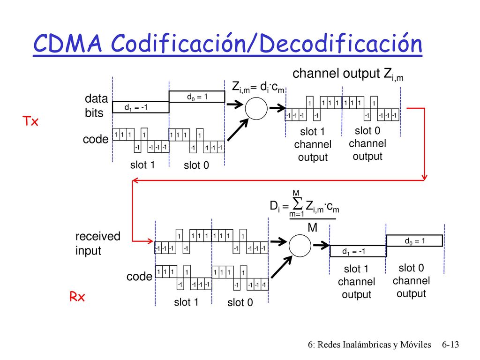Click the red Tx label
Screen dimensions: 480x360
point(30,121)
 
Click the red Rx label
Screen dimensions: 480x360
point(77,297)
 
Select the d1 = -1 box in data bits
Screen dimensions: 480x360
point(141,107)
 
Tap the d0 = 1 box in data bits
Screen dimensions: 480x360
point(197,97)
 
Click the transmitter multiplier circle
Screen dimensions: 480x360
point(256,108)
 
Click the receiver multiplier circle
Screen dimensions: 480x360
point(300,246)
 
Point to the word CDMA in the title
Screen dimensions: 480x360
point(67,43)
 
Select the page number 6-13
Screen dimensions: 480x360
point(450,345)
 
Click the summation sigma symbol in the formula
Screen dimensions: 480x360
point(297,203)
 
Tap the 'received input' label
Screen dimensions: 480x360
point(97,243)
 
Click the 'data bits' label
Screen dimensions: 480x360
point(96,105)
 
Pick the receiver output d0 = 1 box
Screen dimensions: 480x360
point(414,240)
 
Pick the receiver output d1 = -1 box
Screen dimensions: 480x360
point(358,251)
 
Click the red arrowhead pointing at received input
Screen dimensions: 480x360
point(150,241)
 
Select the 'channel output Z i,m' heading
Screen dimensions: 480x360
point(348,75)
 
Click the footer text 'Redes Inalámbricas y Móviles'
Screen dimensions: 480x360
point(374,345)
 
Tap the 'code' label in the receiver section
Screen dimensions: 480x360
point(139,277)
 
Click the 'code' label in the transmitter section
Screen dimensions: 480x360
point(96,139)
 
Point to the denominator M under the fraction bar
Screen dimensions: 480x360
point(312,228)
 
